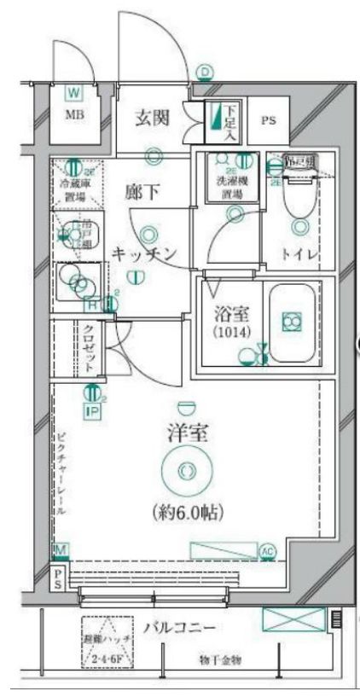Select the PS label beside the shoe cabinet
tap(268, 121)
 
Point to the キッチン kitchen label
tap(143, 253)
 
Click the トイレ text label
tap(300, 253)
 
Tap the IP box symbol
tap(92, 410)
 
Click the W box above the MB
tap(74, 91)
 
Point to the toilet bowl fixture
tap(299, 197)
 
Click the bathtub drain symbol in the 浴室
tap(292, 321)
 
